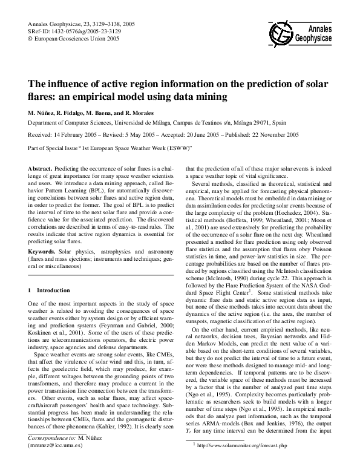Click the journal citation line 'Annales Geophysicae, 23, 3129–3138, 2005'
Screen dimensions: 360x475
(x=82, y=24)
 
